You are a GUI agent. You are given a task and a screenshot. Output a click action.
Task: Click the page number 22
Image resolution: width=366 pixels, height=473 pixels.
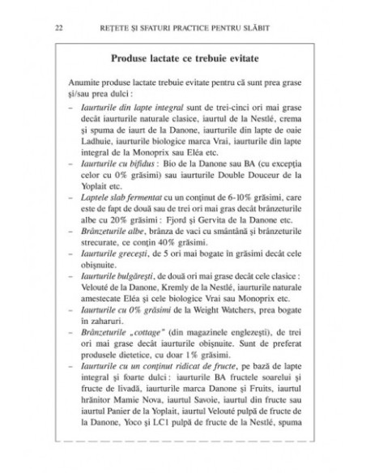tap(57, 29)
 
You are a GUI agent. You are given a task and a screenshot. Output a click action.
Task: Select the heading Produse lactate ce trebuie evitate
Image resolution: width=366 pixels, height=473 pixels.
tap(183, 60)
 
